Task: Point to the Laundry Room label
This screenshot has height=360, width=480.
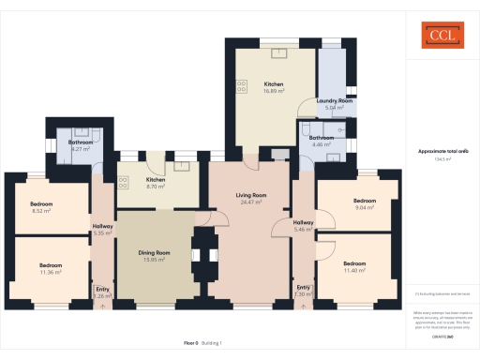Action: tap(333, 100)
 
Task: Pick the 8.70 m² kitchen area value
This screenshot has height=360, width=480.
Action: tap(156, 186)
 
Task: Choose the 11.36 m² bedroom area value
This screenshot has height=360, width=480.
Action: tap(49, 272)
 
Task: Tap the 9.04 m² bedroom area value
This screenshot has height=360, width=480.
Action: tap(364, 207)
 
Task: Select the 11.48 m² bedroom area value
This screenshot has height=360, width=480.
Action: tap(354, 270)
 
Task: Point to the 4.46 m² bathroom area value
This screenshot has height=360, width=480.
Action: tap(322, 144)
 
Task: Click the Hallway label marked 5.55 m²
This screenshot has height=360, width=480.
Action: tap(103, 225)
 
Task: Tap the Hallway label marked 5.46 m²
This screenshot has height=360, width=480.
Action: tap(304, 222)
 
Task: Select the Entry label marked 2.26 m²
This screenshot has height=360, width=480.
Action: tap(102, 290)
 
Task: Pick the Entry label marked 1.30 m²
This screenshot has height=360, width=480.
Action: tap(303, 287)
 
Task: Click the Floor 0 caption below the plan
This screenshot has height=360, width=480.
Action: tap(190, 345)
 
